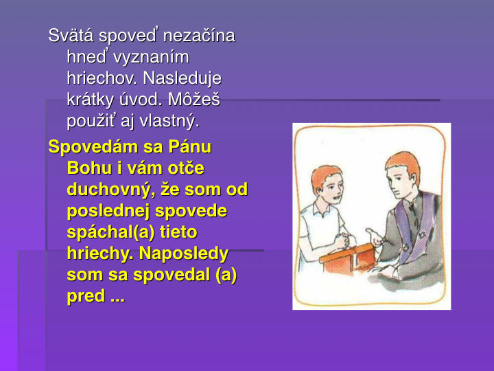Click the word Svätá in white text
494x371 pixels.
71,35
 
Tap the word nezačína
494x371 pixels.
199,35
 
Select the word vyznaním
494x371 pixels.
151,58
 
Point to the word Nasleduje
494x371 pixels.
183,78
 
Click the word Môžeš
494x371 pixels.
193,100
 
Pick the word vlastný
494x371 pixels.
169,121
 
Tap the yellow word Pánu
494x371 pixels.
190,147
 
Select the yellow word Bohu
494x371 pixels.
89,168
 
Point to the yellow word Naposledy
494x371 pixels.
184,254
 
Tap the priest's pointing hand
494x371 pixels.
375,237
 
